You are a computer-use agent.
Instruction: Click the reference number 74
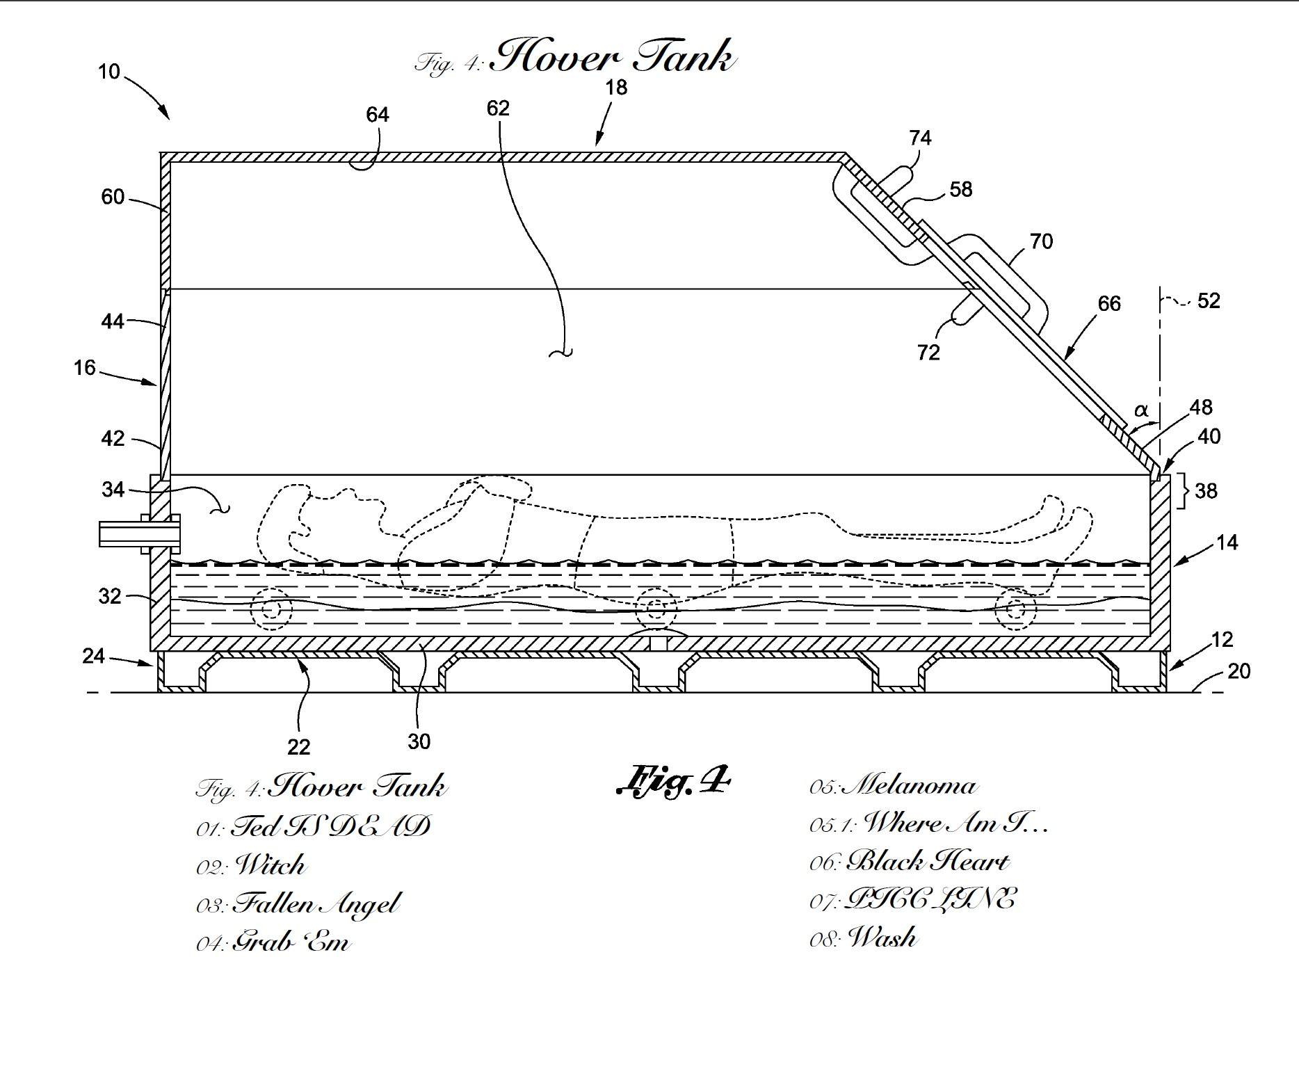pyautogui.click(x=920, y=138)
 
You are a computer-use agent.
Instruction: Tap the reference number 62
pyautogui.click(x=498, y=108)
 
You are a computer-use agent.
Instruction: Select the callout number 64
pyautogui.click(x=378, y=115)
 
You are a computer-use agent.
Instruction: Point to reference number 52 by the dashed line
pyautogui.click(x=1209, y=300)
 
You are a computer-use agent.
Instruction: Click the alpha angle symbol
pyautogui.click(x=1141, y=410)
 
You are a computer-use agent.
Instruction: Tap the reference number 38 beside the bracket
pyautogui.click(x=1206, y=491)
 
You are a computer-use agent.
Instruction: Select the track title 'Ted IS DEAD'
pyautogui.click(x=330, y=826)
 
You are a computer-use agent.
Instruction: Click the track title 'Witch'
pyautogui.click(x=271, y=865)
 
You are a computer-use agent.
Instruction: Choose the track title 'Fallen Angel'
pyautogui.click(x=317, y=904)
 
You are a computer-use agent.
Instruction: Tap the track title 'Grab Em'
pyautogui.click(x=291, y=942)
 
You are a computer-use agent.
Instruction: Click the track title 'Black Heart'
pyautogui.click(x=928, y=862)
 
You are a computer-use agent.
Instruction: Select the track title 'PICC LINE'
pyautogui.click(x=929, y=899)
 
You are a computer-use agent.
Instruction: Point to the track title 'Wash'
pyautogui.click(x=882, y=938)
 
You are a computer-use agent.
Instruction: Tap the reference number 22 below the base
pyautogui.click(x=298, y=747)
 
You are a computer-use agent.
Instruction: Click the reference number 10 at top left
pyautogui.click(x=109, y=72)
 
